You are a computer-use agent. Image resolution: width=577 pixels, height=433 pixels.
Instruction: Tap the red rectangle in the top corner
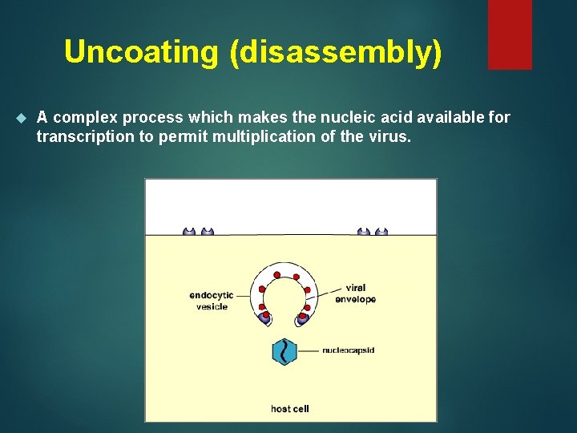point(510,34)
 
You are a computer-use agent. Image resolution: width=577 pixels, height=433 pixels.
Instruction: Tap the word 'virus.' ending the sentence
point(390,136)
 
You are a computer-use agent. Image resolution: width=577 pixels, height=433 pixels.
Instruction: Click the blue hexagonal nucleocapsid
point(284,351)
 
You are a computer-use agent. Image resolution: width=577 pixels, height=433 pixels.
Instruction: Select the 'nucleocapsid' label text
point(349,350)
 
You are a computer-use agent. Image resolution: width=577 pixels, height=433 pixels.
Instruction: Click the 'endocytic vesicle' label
point(212,301)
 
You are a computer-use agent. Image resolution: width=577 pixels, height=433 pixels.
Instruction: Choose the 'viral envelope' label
point(361,293)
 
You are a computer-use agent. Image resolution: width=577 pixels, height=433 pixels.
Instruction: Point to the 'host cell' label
point(290,409)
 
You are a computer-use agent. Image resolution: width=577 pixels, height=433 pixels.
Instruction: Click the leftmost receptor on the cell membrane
point(189,232)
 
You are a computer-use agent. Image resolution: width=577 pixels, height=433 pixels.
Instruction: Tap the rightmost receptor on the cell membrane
point(381,232)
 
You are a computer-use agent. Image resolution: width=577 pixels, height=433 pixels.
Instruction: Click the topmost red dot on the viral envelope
point(276,275)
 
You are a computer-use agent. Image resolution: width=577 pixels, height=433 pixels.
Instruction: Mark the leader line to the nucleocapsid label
point(309,350)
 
